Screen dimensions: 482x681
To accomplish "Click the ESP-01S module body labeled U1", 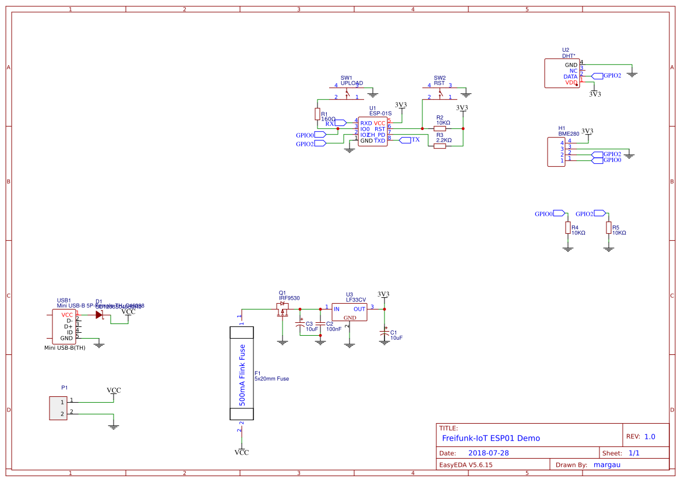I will (372, 132).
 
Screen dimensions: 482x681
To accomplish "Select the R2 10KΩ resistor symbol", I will (440, 128).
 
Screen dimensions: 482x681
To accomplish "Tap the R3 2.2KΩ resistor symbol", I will (440, 146).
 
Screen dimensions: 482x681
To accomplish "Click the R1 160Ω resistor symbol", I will (317, 114).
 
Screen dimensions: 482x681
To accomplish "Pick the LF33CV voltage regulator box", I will (350, 313).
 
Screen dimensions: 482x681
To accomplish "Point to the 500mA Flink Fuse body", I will (242, 373).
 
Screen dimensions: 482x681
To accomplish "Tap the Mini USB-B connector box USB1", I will (63, 326).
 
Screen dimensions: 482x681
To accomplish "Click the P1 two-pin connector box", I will (58, 407).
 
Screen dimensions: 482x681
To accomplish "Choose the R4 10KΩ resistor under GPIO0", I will (568, 228).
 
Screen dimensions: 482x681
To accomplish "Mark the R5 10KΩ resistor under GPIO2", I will (609, 228).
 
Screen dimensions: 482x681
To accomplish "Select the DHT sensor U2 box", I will (562, 73).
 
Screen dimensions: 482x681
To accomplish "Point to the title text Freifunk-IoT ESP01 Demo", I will (491, 438).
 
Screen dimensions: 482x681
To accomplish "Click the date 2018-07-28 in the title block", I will (488, 453).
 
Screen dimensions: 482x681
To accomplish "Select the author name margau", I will (606, 465).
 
